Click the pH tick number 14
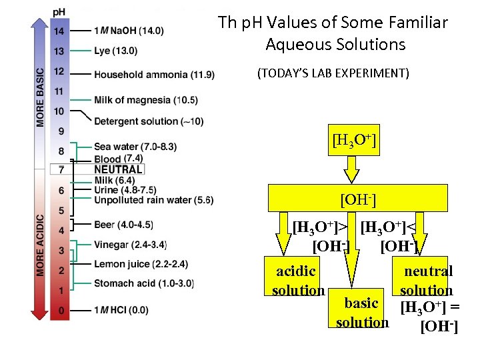59,31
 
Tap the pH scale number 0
59,311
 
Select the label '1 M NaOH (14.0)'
129,31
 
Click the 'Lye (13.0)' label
116,51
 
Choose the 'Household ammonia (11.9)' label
154,74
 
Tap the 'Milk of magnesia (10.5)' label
146,100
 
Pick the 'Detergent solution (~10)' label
149,121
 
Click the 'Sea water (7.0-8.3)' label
135,147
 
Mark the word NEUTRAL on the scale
118,169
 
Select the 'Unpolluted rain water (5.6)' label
153,199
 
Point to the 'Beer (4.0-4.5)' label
123,224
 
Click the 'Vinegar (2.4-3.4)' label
130,245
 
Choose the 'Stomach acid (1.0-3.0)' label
144,284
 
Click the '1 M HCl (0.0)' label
121,311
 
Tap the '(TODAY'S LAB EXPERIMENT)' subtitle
333,73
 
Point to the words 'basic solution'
362,313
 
